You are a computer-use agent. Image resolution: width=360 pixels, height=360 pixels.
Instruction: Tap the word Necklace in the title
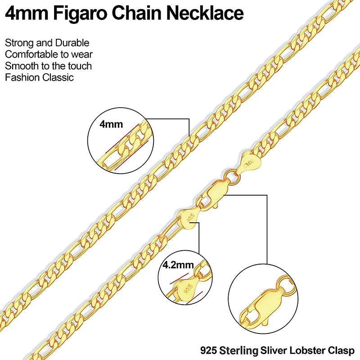coord(205,13)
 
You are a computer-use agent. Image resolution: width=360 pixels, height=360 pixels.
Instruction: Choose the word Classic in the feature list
coord(58,77)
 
